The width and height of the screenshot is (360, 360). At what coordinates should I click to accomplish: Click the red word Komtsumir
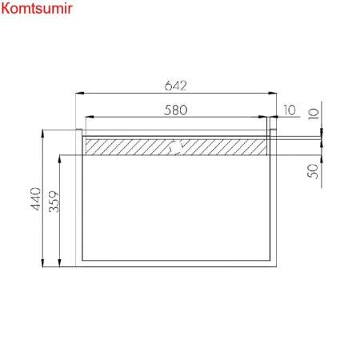pyautogui.click(x=37, y=8)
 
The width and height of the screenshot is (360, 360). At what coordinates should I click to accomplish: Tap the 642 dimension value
pyautogui.click(x=176, y=86)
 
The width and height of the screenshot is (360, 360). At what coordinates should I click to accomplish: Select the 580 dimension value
pyautogui.click(x=176, y=110)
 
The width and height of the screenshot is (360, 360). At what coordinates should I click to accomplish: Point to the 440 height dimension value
pyautogui.click(x=36, y=198)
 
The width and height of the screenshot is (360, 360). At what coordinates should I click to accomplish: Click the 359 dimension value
pyautogui.click(x=54, y=202)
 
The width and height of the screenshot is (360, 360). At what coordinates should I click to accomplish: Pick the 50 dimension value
pyautogui.click(x=313, y=171)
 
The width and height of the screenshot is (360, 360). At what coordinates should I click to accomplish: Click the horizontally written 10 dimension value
pyautogui.click(x=290, y=110)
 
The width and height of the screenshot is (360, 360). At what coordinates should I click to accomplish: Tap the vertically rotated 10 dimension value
pyautogui.click(x=314, y=114)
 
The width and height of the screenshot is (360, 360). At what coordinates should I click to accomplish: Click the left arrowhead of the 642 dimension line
pyautogui.click(x=80, y=93)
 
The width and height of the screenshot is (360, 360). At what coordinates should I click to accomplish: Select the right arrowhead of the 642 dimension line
pyautogui.click(x=272, y=93)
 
